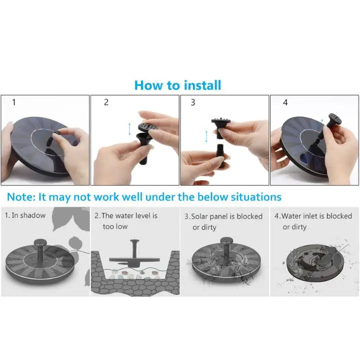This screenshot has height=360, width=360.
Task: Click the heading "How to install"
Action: (x=177, y=85)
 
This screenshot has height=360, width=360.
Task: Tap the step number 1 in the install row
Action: (x=14, y=102)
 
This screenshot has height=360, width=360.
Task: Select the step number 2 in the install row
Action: (x=106, y=102)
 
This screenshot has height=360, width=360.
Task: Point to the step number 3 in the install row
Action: (x=193, y=102)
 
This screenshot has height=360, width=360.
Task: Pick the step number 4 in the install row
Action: (x=285, y=102)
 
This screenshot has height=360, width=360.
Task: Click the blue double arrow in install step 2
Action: (x=129, y=129)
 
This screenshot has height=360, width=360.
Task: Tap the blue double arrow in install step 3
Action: (x=206, y=136)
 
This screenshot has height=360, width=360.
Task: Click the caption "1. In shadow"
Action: (x=25, y=215)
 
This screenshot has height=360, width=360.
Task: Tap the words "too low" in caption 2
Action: (x=115, y=226)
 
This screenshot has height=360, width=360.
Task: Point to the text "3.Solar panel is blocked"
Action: (x=223, y=216)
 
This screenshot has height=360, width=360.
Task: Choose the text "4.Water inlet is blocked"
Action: (x=313, y=216)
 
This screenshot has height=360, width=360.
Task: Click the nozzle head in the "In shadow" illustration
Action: (x=40, y=242)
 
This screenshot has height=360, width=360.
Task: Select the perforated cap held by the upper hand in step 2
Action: (x=148, y=127)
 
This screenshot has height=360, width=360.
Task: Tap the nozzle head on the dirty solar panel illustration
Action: (x=227, y=241)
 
